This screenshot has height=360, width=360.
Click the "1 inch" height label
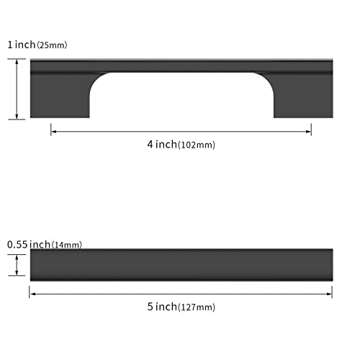(22, 45)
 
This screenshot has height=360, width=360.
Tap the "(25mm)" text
(52, 45)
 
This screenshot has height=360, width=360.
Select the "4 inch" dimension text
(162, 144)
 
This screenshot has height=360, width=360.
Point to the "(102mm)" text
(197, 145)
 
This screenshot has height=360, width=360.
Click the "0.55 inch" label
(29, 245)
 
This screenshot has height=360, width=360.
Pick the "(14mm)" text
(67, 245)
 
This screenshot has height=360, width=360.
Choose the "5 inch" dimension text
(162, 307)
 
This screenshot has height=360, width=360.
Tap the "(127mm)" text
(197, 307)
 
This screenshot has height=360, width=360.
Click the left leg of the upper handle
(60, 96)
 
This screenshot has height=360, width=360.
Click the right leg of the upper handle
(303, 96)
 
